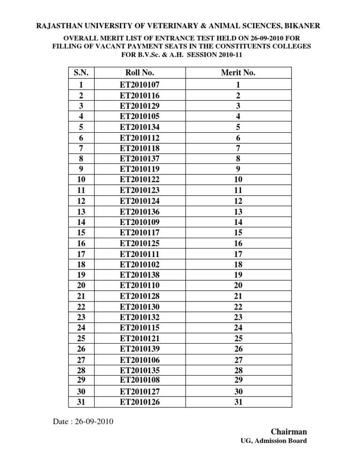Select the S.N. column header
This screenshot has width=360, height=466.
[x=82, y=73]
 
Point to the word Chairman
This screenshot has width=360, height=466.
[x=289, y=431]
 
